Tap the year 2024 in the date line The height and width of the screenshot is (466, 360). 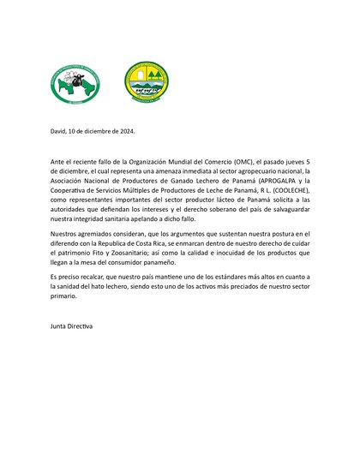(x=125, y=131)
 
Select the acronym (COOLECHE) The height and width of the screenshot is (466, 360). (x=282, y=191)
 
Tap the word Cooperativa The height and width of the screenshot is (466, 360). (x=74, y=191)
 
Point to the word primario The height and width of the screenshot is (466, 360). (x=64, y=298)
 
